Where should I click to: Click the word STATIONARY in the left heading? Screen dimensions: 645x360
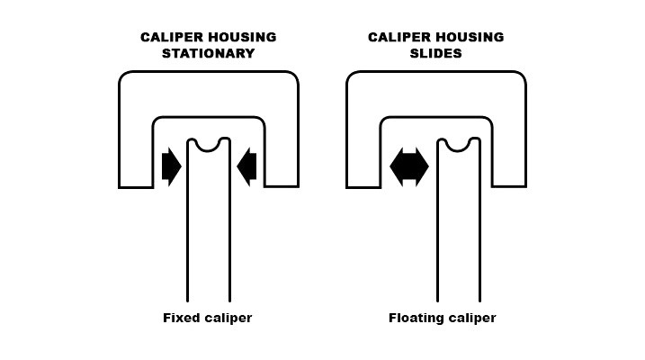[208, 53]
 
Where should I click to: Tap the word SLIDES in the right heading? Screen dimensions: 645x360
[435, 53]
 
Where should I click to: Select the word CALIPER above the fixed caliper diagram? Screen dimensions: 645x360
[172, 37]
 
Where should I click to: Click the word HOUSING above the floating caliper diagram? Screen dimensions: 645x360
[469, 37]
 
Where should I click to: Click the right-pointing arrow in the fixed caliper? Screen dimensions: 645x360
[171, 166]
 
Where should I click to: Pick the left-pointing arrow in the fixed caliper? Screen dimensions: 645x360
[247, 166]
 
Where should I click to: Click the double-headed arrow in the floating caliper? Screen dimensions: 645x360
[409, 166]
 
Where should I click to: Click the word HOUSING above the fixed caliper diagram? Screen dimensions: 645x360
[241, 37]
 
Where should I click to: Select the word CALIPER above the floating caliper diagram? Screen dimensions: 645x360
[399, 37]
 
